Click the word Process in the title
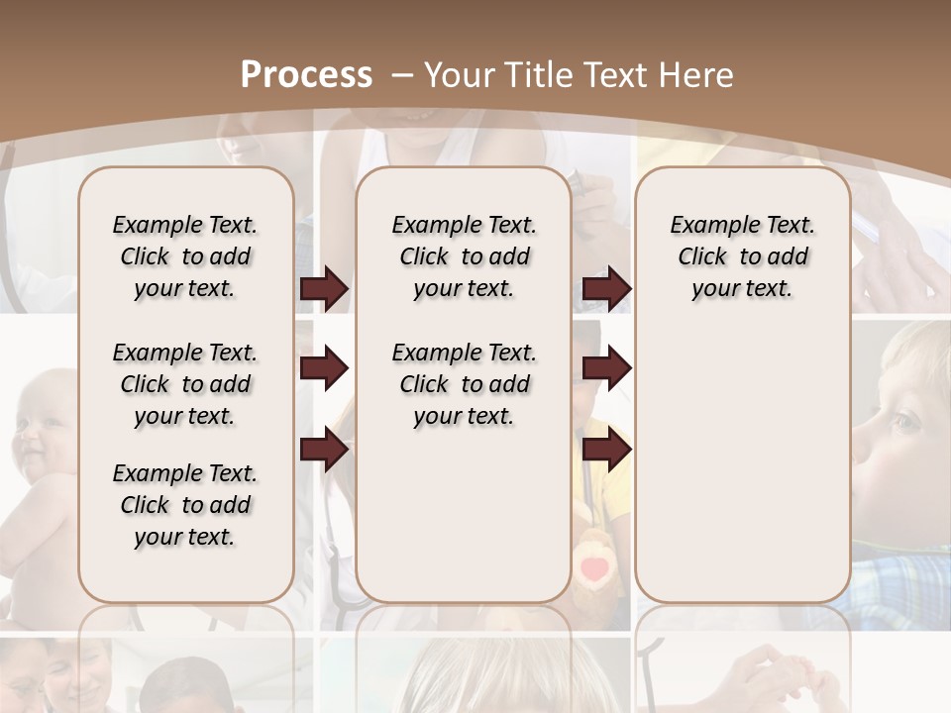pyautogui.click(x=306, y=75)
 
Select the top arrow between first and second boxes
pyautogui.click(x=324, y=289)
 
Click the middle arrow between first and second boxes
pyautogui.click(x=324, y=368)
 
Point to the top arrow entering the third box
pyautogui.click(x=606, y=289)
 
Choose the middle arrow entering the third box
pyautogui.click(x=606, y=368)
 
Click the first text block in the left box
pyautogui.click(x=185, y=256)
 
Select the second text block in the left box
pyautogui.click(x=185, y=384)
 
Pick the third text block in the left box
pyautogui.click(x=185, y=505)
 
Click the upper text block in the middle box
pyautogui.click(x=464, y=256)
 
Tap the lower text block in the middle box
pyautogui.click(x=464, y=384)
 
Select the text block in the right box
pyautogui.click(x=742, y=256)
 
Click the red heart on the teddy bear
pyautogui.click(x=594, y=568)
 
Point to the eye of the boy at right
pyautogui.click(x=904, y=424)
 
